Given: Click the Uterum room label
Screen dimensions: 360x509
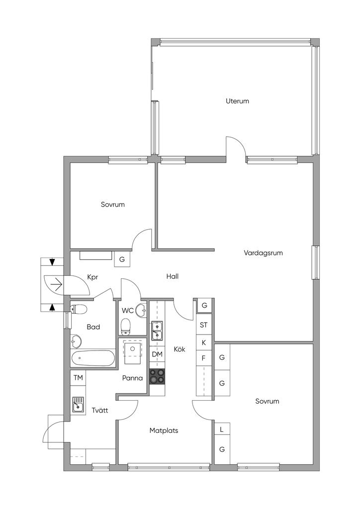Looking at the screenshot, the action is pos(237,101).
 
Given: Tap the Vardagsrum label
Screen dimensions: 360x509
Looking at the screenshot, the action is pos(263,253).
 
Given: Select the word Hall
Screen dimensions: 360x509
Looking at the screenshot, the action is pos(173,276).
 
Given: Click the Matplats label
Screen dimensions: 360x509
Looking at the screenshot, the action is pos(164,431).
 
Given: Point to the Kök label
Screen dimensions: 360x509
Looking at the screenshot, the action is pos(180,349).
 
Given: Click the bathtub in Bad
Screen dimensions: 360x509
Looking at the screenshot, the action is pos(93,358).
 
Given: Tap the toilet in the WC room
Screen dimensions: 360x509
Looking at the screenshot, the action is pos(125,327).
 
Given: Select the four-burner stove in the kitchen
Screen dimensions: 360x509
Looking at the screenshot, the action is pos(157,377).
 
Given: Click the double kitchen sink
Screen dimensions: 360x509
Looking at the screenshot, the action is pos(157,331).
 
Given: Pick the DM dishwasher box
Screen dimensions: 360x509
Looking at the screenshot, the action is pos(157,354).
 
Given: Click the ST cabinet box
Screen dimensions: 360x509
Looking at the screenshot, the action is pos(204,325).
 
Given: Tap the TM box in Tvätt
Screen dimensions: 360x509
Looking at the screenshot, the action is pos(78,378).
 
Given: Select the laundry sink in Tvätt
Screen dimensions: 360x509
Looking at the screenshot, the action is pos(78,405).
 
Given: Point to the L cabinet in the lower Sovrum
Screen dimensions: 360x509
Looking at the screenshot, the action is pos(222,429).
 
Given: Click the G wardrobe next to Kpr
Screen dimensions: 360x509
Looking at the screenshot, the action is pos(122,259).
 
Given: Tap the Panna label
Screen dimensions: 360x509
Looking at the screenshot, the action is pos(132,378).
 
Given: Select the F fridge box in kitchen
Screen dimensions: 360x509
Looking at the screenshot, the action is pos(204,358).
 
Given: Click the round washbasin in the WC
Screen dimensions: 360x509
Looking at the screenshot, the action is pos(141,310).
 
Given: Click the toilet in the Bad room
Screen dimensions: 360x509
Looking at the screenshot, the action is pos(78,309).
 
